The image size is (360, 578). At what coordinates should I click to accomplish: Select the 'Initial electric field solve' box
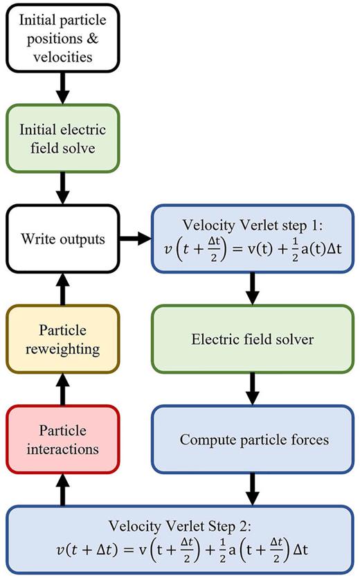tap(62, 136)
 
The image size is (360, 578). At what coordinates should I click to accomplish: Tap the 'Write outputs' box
tap(62, 240)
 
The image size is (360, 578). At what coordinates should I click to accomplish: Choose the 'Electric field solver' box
tap(253, 340)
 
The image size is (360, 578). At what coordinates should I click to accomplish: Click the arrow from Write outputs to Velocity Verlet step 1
tap(136, 240)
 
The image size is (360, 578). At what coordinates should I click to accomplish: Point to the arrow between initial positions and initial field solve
tap(62, 87)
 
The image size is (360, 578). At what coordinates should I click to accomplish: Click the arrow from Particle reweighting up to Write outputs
tap(62, 289)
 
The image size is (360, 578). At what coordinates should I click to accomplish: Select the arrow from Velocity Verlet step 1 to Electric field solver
tap(253, 289)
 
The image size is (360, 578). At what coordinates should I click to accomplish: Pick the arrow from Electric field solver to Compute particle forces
tap(253, 389)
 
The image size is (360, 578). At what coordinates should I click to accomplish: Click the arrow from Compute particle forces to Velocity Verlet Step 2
tap(253, 489)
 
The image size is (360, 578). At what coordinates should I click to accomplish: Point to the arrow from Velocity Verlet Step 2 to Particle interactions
tap(62, 489)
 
